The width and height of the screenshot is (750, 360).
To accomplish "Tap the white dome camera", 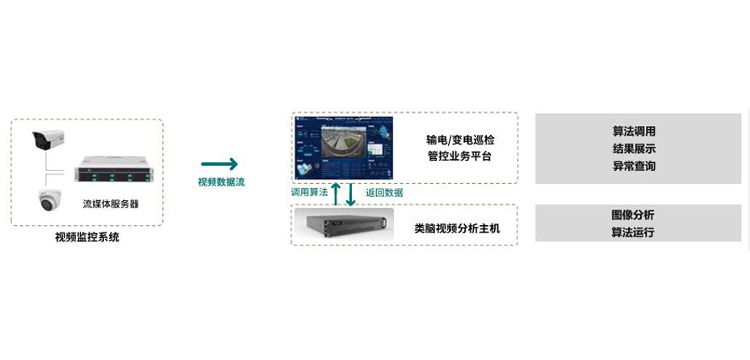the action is (x=49, y=201).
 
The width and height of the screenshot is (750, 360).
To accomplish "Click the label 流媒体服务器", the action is (x=111, y=204).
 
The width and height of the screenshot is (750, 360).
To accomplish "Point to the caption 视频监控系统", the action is (x=86, y=237).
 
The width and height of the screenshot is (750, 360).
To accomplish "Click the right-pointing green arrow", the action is (x=219, y=164).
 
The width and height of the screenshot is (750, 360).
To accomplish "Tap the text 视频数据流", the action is (x=221, y=182).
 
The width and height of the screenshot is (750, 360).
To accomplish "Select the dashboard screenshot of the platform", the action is (x=344, y=148).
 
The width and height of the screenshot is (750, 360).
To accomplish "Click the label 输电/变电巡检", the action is (x=460, y=140).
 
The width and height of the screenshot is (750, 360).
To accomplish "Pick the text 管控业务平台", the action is (x=459, y=157).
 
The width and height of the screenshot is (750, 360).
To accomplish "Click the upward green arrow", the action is (x=336, y=194).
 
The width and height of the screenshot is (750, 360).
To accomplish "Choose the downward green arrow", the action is (x=350, y=195).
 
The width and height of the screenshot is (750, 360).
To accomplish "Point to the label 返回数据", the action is (x=384, y=193).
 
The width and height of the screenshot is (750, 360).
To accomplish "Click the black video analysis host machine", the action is (x=344, y=224).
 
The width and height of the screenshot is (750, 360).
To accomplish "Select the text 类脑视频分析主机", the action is (x=457, y=228).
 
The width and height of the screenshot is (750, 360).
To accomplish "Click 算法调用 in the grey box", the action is (x=634, y=132).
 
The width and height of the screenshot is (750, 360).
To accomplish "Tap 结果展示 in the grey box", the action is (x=634, y=149).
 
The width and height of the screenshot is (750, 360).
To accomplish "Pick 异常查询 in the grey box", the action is (x=634, y=166).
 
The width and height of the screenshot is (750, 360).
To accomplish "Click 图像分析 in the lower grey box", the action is (x=633, y=216).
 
